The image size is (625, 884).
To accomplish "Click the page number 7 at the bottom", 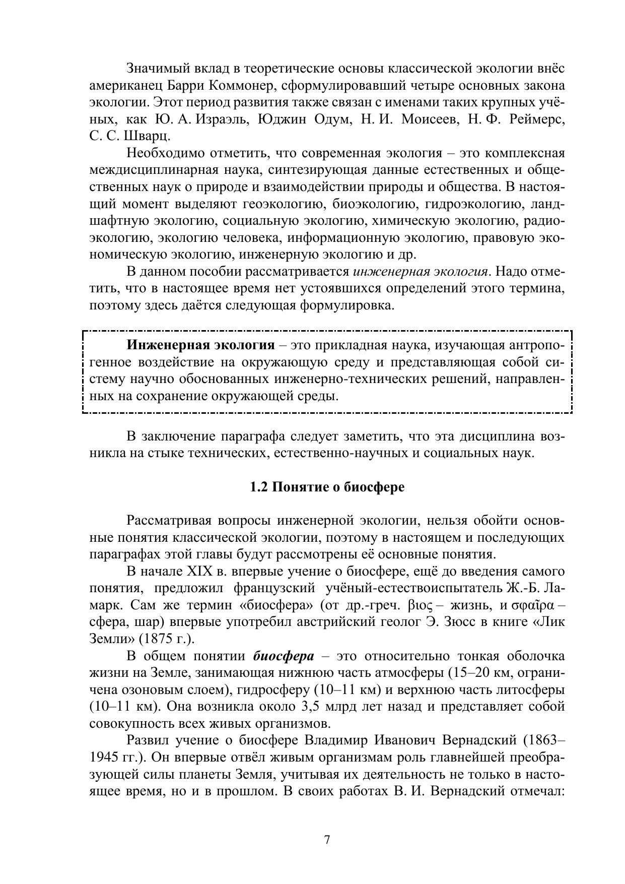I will pyautogui.click(x=327, y=840).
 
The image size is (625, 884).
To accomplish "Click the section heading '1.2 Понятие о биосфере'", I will pyautogui.click(x=327, y=487).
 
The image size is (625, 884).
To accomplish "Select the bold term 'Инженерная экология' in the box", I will pyautogui.click(x=200, y=345).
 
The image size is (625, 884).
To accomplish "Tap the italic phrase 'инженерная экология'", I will pyautogui.click(x=421, y=272).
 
